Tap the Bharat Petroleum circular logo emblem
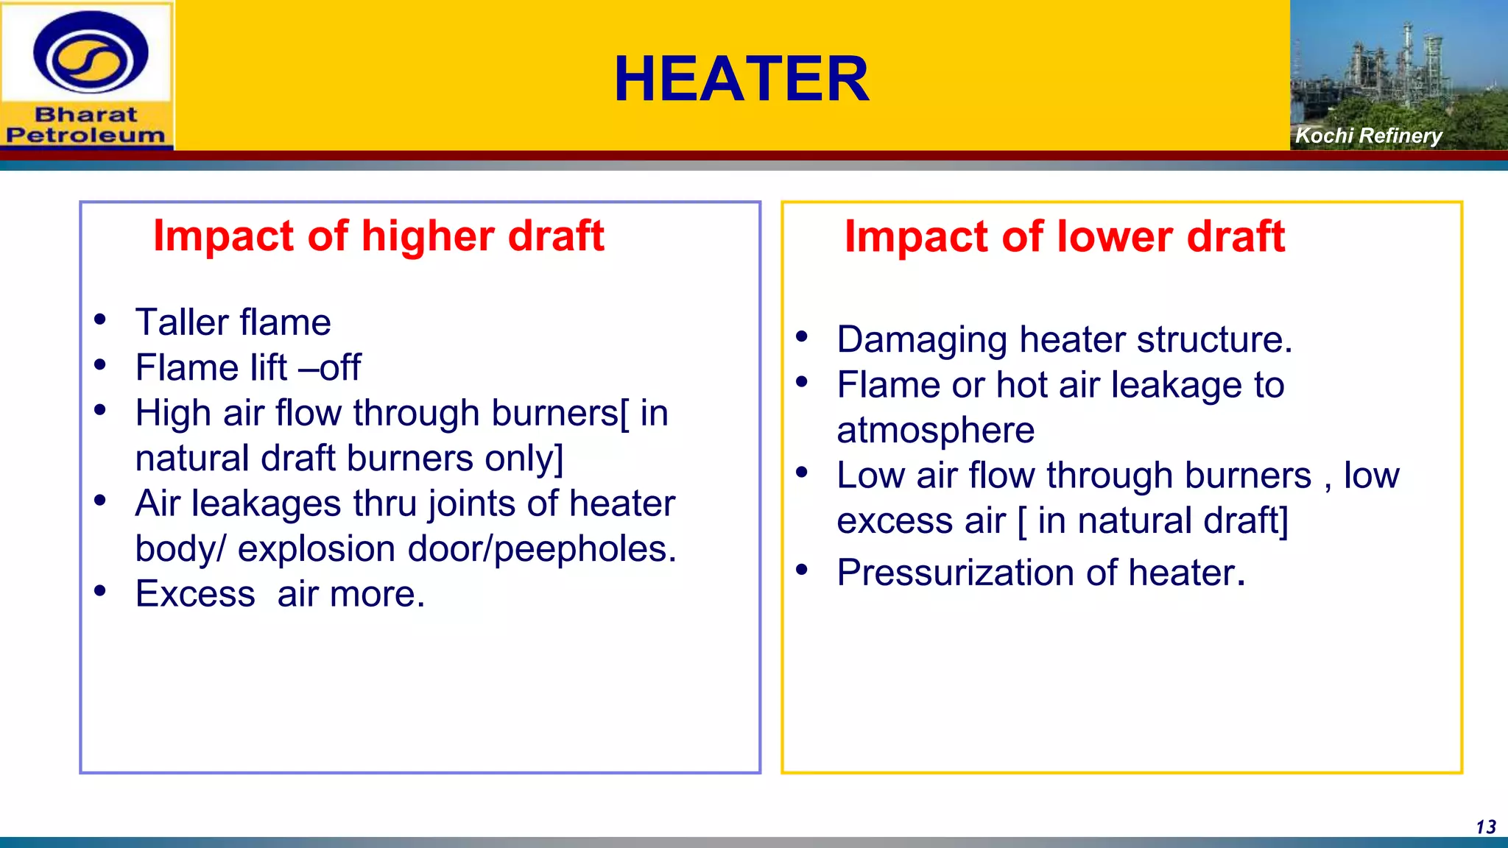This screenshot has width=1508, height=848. (x=91, y=54)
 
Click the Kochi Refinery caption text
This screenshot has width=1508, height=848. (x=1368, y=135)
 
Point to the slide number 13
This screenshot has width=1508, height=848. (x=1486, y=827)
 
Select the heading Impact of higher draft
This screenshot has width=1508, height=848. (x=378, y=236)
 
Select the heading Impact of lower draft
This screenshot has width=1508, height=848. (x=1064, y=236)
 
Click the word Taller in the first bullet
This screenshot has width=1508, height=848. (x=182, y=322)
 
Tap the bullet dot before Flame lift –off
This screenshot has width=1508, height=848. (x=100, y=364)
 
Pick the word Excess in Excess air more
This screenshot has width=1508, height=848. (x=195, y=594)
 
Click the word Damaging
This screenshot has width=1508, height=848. (x=922, y=340)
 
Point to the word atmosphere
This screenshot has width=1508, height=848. (x=935, y=431)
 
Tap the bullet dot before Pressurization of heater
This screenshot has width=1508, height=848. (x=802, y=569)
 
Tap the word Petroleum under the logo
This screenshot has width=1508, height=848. (x=86, y=135)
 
